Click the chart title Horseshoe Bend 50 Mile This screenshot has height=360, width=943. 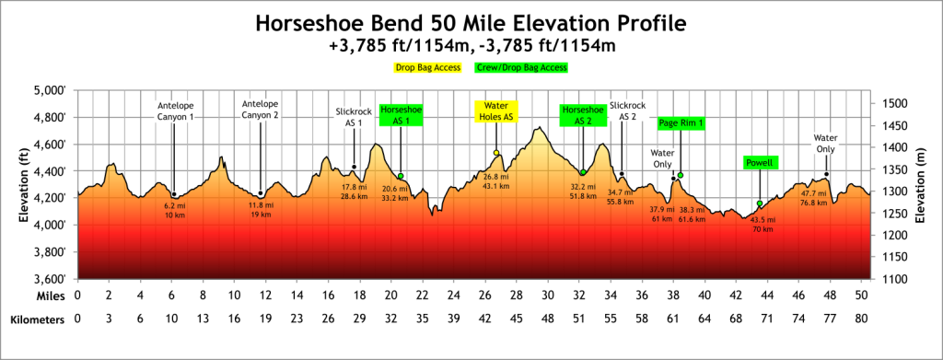click(x=471, y=21)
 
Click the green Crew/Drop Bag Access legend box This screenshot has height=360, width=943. click(x=521, y=67)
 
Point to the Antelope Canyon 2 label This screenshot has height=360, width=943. click(x=261, y=109)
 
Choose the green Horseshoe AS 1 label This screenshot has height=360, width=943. click(x=401, y=115)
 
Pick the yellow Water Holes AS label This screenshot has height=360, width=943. click(x=496, y=111)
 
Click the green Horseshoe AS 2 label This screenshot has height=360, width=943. click(x=582, y=115)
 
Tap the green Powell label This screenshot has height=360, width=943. click(x=761, y=163)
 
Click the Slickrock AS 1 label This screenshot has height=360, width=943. click(x=355, y=117)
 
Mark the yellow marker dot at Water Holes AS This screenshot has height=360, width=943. click(x=496, y=153)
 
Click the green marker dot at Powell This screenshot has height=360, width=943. click(x=760, y=203)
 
